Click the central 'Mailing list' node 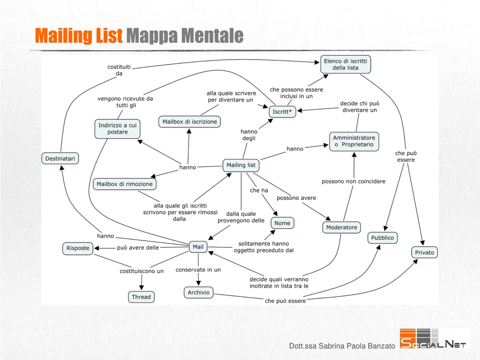[241, 165]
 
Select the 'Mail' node [198, 247]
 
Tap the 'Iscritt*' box [282, 112]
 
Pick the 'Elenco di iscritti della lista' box [345, 65]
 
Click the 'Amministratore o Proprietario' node [354, 142]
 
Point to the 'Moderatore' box [342, 227]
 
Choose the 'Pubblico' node [382, 238]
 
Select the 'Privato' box [424, 253]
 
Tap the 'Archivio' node [199, 292]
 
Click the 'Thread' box [141, 297]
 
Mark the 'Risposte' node [78, 248]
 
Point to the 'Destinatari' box [60, 158]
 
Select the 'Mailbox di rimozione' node [125, 184]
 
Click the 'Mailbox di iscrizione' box [189, 121]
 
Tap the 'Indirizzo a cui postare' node [118, 129]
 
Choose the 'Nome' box [282, 223]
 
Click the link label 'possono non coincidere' [353, 181]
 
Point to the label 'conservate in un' [198, 270]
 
